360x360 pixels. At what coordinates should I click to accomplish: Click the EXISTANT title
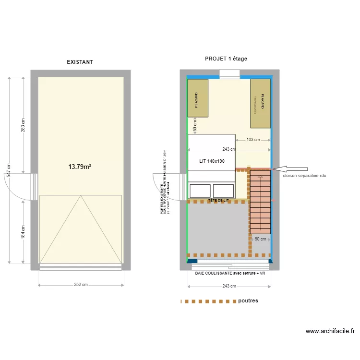point(80,62)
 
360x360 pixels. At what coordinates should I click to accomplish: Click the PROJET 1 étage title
point(226,59)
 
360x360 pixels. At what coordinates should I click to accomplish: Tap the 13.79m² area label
point(80,167)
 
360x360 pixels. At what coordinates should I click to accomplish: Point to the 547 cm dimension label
point(8,169)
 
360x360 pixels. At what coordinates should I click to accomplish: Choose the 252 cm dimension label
point(81,285)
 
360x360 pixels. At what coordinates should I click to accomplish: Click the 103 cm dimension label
point(253,140)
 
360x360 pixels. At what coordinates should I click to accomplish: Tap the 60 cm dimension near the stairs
point(260,239)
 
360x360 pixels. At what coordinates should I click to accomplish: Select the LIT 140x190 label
point(212,161)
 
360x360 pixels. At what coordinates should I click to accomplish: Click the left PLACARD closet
point(198,98)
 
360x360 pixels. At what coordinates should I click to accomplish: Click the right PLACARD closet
point(260,104)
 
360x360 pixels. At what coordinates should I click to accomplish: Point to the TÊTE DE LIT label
point(218,200)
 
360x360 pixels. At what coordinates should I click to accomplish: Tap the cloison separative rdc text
point(304,176)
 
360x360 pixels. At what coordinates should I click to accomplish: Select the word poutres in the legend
point(248,301)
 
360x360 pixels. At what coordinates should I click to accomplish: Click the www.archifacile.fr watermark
point(330,331)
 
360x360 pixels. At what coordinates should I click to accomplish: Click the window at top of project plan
point(229,74)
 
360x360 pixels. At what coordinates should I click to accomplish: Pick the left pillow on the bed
point(200,191)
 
